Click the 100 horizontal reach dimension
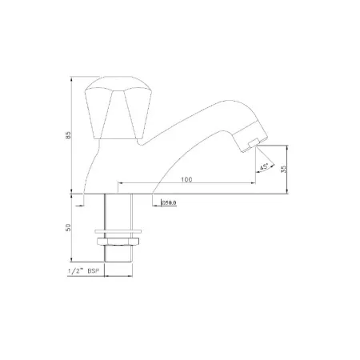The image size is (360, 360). pyautogui.click(x=186, y=180)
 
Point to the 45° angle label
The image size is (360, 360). pyautogui.click(x=264, y=167)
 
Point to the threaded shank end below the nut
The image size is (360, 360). pyautogui.click(x=118, y=258)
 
